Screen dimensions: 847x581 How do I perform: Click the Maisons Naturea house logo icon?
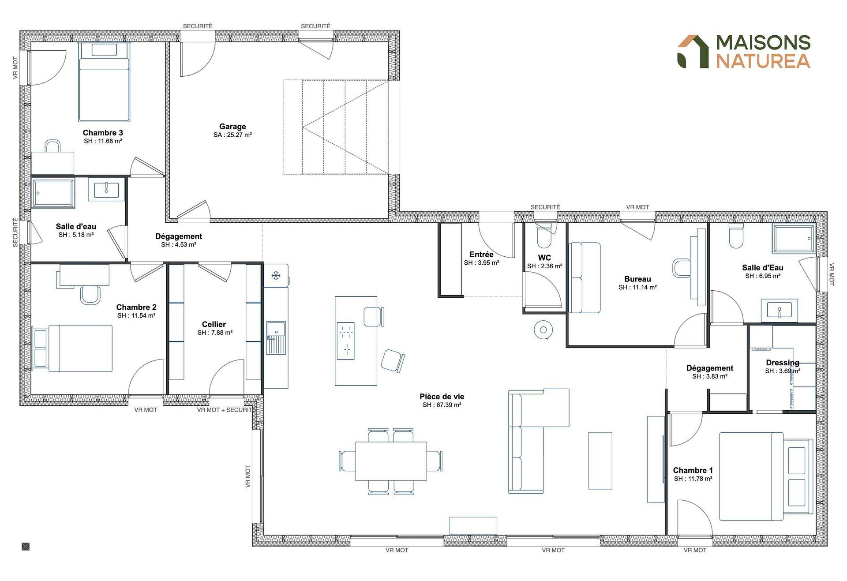click(x=693, y=52)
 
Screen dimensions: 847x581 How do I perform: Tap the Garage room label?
click(x=232, y=127)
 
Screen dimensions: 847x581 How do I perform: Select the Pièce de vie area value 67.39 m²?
click(x=442, y=405)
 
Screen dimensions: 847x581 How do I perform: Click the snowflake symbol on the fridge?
click(x=276, y=276)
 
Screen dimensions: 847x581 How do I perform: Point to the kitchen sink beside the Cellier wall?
click(x=276, y=337)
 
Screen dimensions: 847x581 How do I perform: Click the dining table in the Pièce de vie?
click(x=391, y=461)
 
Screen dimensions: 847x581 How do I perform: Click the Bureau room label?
click(x=637, y=279)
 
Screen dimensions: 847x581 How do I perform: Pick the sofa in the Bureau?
click(x=585, y=277)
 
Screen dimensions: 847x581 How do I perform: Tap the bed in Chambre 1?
click(x=766, y=476)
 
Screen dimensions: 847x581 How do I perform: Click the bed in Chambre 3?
click(x=104, y=82)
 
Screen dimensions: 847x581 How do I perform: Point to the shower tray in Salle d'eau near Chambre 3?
click(x=54, y=193)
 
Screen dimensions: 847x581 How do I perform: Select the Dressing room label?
click(x=783, y=363)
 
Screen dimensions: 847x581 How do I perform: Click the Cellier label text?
click(x=214, y=324)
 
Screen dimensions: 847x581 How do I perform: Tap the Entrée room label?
click(x=481, y=255)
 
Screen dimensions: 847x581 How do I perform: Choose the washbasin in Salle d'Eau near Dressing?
click(x=779, y=310)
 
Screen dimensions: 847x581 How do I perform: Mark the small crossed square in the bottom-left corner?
click(x=26, y=547)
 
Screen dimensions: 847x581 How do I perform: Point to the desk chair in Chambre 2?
click(x=91, y=295)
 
